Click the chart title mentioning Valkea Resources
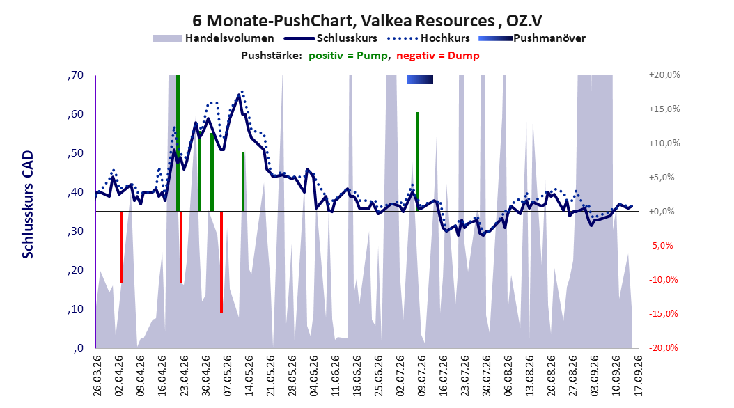click(367, 21)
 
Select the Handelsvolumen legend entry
click(213, 38)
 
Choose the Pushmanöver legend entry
click(532, 38)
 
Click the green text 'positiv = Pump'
click(348, 56)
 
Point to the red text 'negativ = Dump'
click(438, 56)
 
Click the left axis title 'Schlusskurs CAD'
click(28, 205)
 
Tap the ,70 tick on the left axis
click(75, 75)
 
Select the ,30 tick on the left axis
click(75, 231)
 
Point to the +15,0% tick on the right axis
click(664, 109)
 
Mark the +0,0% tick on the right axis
click(662, 212)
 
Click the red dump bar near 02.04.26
click(122, 247)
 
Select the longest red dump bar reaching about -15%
click(221, 262)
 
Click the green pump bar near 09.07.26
click(417, 162)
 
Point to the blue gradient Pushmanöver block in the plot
click(420, 79)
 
